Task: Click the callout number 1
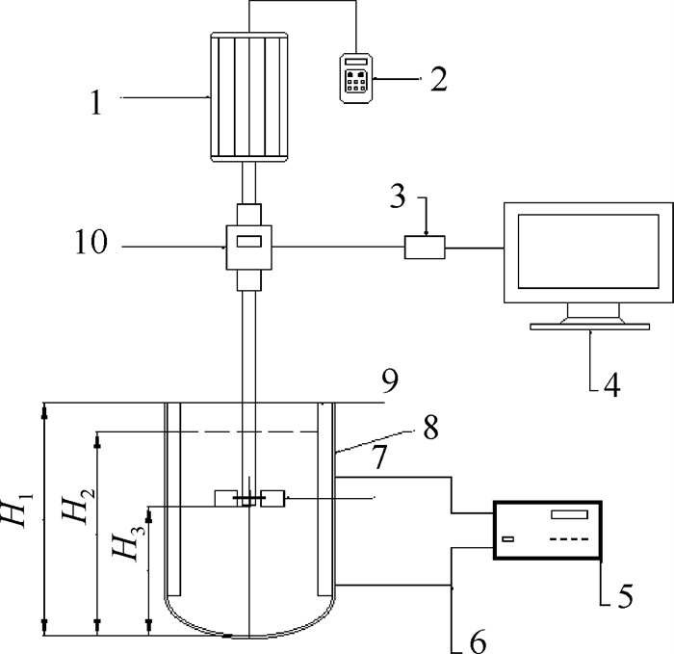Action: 96,103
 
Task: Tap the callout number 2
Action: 439,79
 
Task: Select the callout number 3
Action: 398,196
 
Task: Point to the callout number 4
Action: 612,385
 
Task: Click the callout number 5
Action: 626,595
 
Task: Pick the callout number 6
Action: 478,641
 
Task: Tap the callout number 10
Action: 91,242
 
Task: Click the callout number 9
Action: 390,381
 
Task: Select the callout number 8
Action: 431,428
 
